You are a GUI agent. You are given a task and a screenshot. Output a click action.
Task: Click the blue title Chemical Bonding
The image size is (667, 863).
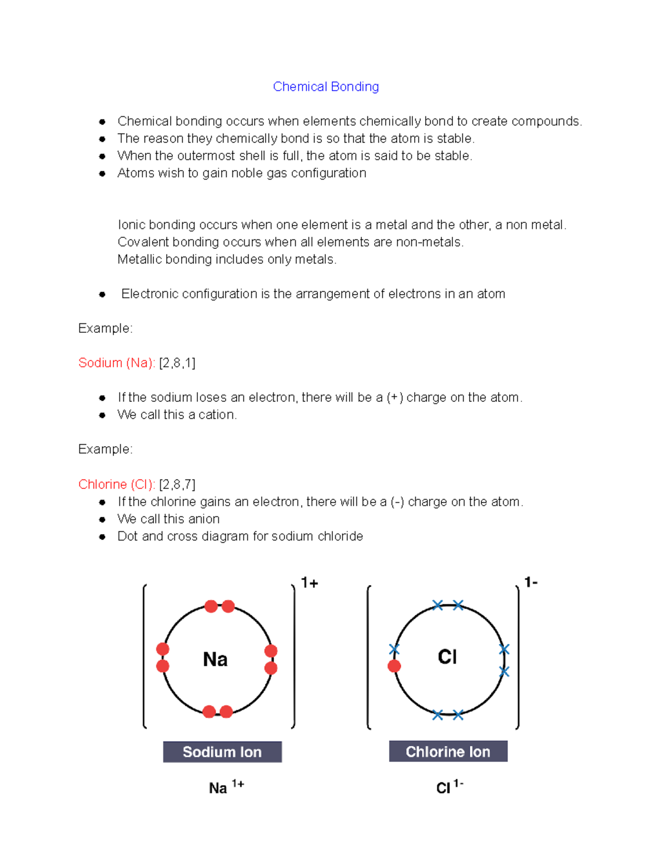pos(326,87)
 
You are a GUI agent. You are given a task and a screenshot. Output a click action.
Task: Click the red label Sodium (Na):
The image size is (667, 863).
pos(117,363)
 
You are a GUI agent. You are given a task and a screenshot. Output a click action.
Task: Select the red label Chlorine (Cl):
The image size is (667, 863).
pos(117,484)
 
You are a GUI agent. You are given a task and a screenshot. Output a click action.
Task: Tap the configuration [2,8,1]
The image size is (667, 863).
pos(177,363)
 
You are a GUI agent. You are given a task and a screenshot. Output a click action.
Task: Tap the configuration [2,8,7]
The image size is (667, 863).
pos(177,484)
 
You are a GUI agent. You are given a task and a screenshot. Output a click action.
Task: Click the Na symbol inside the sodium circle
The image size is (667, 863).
pos(215,660)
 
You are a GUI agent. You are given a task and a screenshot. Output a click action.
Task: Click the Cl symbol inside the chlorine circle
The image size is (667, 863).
pos(447,657)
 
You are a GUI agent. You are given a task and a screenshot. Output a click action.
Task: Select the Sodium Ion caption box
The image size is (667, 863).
pos(222,752)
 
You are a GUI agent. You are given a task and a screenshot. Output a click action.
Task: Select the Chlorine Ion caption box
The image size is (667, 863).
pos(448,751)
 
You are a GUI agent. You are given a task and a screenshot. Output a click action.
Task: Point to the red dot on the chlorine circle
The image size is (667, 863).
pos(394,666)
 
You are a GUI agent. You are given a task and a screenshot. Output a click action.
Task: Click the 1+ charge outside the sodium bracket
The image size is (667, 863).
pos(310,582)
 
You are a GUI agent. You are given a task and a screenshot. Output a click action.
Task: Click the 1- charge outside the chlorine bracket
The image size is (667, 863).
pos(531,582)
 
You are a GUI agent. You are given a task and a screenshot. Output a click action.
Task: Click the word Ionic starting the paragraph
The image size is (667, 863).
pos(131,225)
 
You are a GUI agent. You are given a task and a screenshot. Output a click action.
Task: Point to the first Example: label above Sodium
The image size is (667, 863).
pos(106,328)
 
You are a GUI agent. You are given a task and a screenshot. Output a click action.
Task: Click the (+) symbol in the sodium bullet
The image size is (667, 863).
pos(395,397)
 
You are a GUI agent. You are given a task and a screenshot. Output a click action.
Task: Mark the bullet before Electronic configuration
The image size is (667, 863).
pos(102,295)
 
